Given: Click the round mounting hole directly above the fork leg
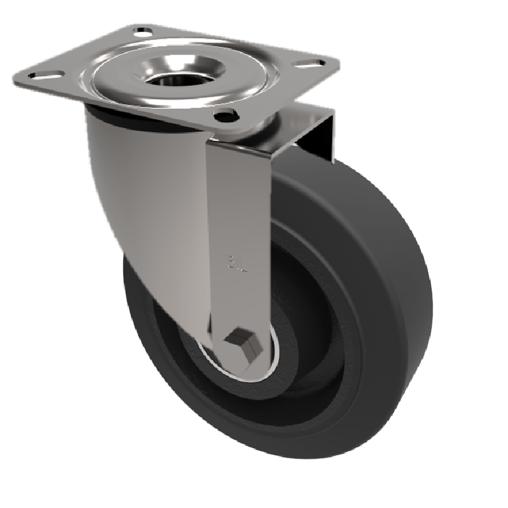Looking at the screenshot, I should click(x=225, y=116).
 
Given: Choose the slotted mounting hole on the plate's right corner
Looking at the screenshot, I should click(x=309, y=63).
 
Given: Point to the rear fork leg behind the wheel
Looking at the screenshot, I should click(x=317, y=137).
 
